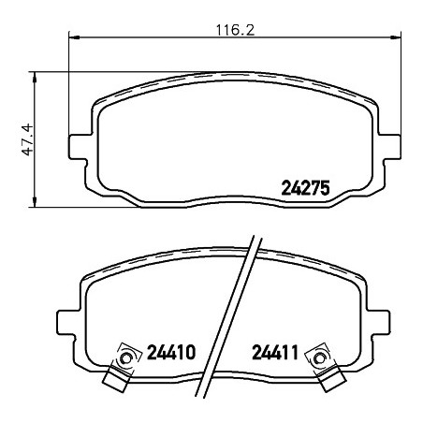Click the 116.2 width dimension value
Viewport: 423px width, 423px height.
pyautogui.click(x=236, y=30)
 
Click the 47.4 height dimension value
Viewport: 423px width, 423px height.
pyautogui.click(x=27, y=139)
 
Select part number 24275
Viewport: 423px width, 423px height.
pyautogui.click(x=305, y=188)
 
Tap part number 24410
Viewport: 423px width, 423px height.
pyautogui.click(x=171, y=352)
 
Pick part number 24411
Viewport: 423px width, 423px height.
pyautogui.click(x=275, y=352)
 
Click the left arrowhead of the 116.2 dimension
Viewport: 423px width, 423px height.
pyautogui.click(x=74, y=37)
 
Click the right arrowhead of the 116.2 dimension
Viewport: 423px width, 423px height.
pyautogui.click(x=395, y=37)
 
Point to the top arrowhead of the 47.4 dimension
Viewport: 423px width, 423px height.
pyautogui.click(x=35, y=78)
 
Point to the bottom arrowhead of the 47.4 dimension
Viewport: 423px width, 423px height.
pyautogui.click(x=35, y=201)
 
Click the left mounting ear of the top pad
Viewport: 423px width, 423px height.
pyautogui.click(x=78, y=147)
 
